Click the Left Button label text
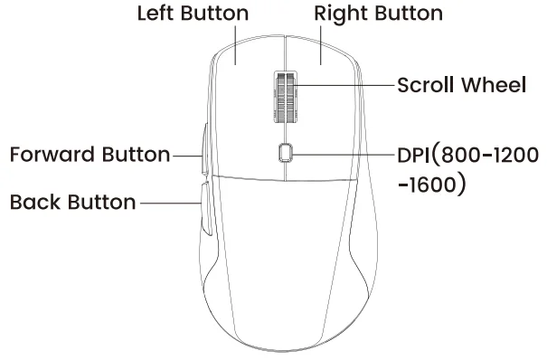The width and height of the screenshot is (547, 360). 193,15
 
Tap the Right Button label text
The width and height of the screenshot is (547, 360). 378,15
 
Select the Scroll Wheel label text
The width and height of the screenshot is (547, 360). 461,87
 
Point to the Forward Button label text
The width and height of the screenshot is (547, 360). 88,154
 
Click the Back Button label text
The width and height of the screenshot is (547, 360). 72,200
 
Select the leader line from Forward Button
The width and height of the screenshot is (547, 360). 184,155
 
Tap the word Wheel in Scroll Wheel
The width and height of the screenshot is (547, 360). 493,87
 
